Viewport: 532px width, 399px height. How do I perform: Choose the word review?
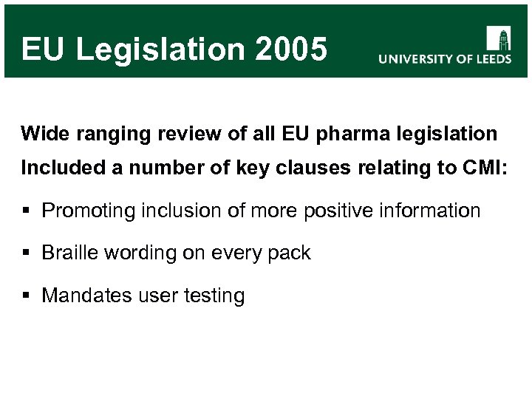[164, 134]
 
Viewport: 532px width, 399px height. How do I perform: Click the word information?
[434, 211]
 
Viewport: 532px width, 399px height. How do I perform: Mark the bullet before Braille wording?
[26, 253]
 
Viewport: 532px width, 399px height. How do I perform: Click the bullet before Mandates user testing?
[26, 296]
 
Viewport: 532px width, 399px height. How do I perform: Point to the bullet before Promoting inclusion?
[26, 211]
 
